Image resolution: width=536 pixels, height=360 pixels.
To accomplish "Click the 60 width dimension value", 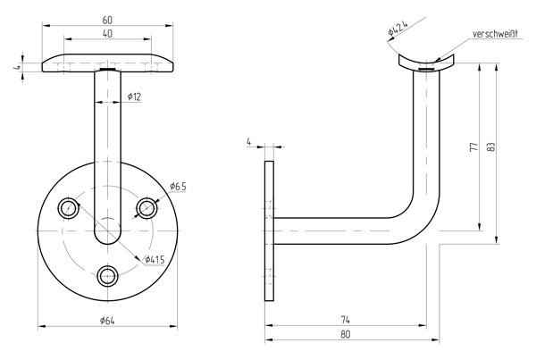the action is (x=107, y=21).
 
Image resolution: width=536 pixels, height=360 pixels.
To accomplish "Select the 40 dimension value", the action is (x=107, y=34).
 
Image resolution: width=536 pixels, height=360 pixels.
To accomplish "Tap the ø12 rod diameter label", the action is (x=134, y=96).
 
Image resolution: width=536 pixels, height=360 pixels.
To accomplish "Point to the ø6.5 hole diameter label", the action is (x=178, y=187).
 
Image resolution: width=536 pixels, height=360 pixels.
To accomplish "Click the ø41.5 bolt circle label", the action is (x=155, y=260).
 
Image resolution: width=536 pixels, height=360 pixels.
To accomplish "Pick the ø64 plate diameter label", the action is (x=107, y=321).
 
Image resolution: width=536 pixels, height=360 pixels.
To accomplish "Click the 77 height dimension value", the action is (x=474, y=147).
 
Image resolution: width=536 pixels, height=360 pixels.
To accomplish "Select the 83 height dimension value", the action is (x=491, y=147).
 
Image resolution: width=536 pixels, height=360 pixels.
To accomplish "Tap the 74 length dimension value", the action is (x=346, y=320).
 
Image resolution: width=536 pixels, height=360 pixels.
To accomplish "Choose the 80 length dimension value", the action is (x=346, y=334).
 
